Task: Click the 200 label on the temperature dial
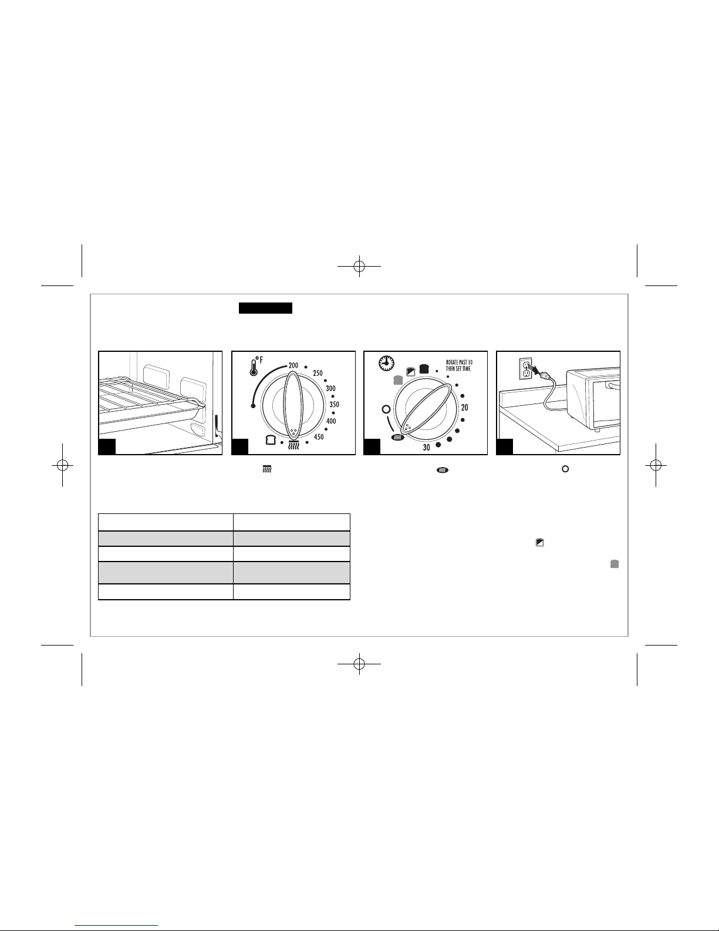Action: pyautogui.click(x=293, y=365)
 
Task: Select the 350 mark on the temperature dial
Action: pyautogui.click(x=334, y=405)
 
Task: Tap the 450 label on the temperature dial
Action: pyautogui.click(x=319, y=437)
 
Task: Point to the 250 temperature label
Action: pyautogui.click(x=318, y=373)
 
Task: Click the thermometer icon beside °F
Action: pyautogui.click(x=254, y=367)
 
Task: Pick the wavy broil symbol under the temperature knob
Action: pyautogui.click(x=293, y=445)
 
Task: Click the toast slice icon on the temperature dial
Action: pyautogui.click(x=271, y=439)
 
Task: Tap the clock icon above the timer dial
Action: pyautogui.click(x=386, y=363)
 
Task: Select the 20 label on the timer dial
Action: pyautogui.click(x=465, y=408)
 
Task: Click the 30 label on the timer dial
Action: pyautogui.click(x=426, y=448)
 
